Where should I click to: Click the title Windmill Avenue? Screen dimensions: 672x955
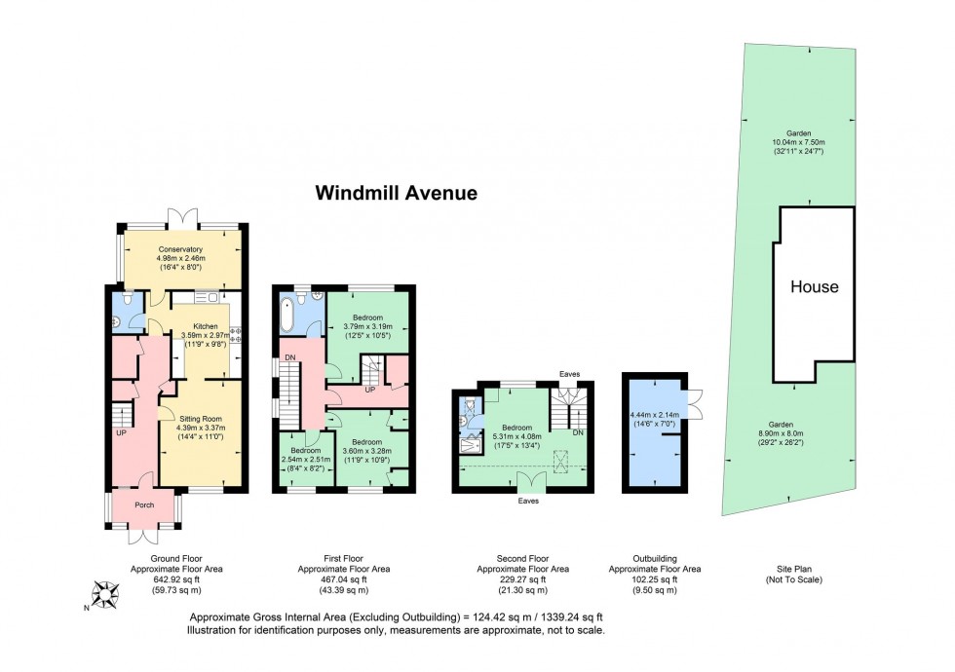(x=396, y=193)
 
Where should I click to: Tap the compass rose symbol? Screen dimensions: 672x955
(x=104, y=593)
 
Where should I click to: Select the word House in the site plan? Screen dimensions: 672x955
(x=814, y=287)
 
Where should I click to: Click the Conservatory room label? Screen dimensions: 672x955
(x=180, y=248)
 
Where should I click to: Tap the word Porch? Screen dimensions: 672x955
(x=143, y=504)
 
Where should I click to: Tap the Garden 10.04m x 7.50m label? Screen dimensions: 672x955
(x=798, y=144)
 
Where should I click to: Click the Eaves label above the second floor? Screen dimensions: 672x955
(x=570, y=373)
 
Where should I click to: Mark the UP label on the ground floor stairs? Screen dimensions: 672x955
(x=121, y=432)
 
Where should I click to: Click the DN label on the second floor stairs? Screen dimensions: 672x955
(x=577, y=432)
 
